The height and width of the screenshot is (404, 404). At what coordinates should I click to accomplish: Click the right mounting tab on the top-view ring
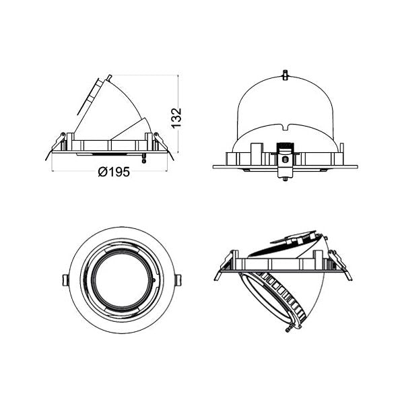[x=178, y=279]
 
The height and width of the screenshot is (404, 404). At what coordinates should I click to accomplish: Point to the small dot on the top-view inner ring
[x=155, y=277]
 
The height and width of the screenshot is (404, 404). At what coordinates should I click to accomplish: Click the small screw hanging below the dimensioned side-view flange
[x=143, y=159]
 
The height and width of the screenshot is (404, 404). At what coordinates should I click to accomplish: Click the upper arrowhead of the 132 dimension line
[x=178, y=77]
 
